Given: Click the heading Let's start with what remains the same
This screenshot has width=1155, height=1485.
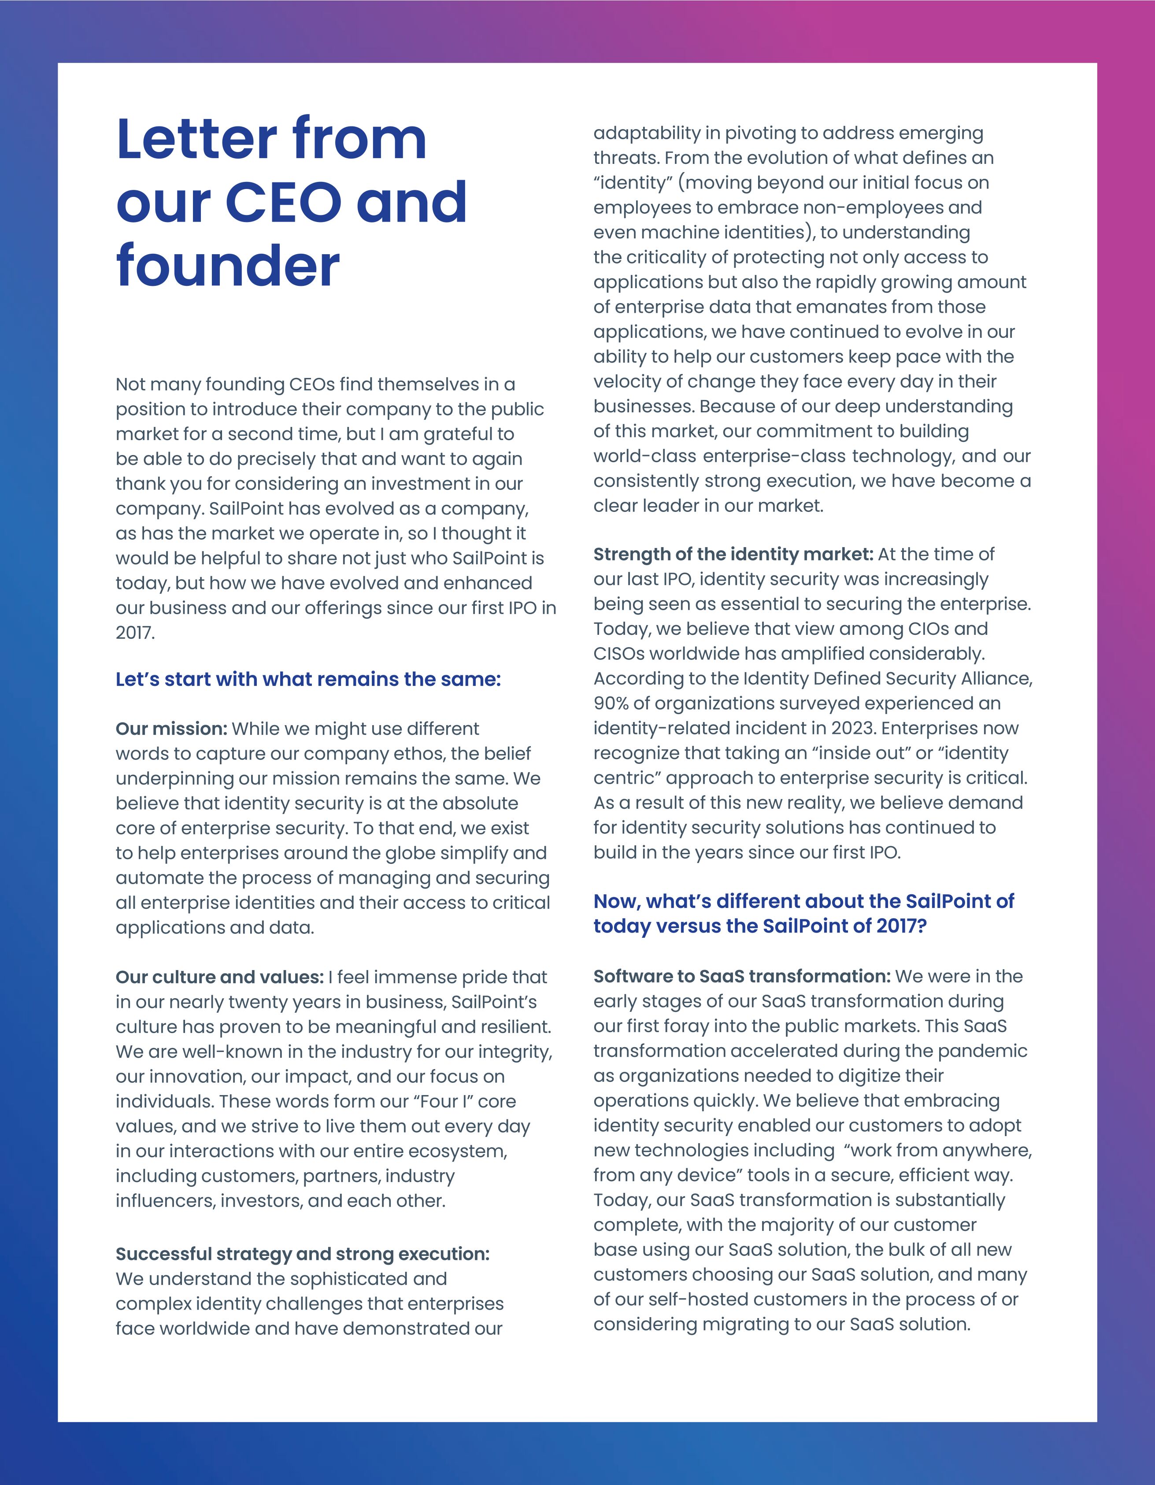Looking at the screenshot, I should coord(308,679).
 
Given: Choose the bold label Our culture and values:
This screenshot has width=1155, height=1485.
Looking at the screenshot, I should coord(219,977).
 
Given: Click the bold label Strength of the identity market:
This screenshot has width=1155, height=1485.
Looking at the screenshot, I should coord(733,554).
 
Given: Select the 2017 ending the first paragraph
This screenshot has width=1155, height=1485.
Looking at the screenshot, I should coord(135,633).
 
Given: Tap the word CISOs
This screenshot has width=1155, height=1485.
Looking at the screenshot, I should coord(619,654).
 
